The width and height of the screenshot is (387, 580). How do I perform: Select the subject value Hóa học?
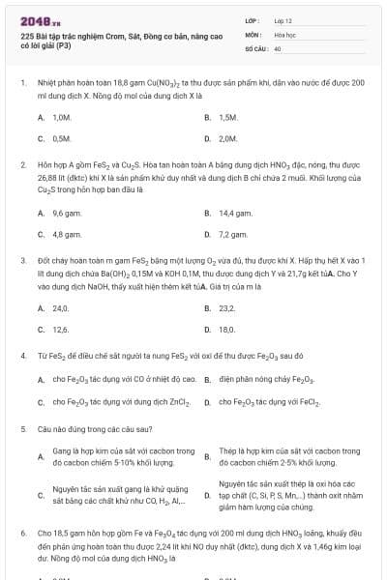pos(284,34)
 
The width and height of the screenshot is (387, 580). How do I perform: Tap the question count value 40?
pos(278,47)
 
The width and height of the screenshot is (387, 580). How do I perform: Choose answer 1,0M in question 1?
pos(63,117)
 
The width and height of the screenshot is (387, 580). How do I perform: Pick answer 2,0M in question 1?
pos(228,138)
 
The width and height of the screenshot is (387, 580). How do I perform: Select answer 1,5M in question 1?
pos(228,117)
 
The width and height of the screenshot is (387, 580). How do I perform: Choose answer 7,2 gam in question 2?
pos(232,234)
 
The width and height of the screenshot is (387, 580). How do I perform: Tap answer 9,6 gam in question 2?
pos(66,213)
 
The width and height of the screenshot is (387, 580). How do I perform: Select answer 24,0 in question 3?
pos(61,307)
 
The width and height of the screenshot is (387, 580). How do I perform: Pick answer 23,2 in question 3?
pos(227,307)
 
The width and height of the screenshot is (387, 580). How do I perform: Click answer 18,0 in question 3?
pos(227,329)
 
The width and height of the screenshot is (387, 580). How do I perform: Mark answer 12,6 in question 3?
pos(61,329)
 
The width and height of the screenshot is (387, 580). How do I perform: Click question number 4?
pos(22,355)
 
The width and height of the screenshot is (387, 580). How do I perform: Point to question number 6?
pos(22,532)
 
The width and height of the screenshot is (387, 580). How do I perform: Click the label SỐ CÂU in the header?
pos(254,47)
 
